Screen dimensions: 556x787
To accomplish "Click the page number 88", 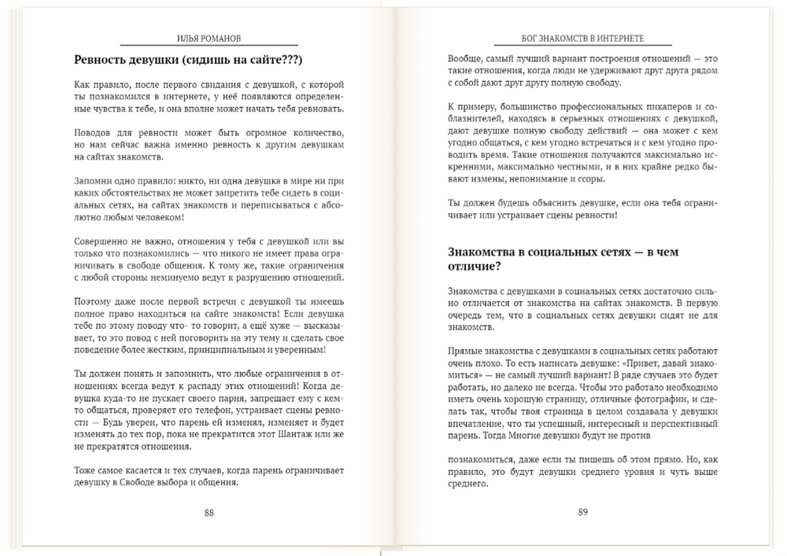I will pyautogui.click(x=209, y=512).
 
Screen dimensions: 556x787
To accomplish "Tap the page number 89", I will pyautogui.click(x=582, y=512).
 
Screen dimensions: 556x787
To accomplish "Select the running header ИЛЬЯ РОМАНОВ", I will pyautogui.click(x=210, y=38).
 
